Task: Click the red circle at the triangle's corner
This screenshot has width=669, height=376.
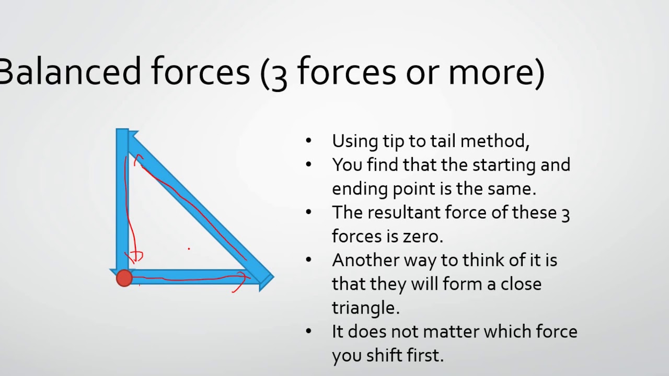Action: tap(124, 278)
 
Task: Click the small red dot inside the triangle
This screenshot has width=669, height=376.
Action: tap(189, 249)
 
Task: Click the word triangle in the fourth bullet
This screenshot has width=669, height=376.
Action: tap(365, 308)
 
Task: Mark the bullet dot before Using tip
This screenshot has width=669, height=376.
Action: tap(308, 140)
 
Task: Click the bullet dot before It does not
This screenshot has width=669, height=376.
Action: tap(308, 331)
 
